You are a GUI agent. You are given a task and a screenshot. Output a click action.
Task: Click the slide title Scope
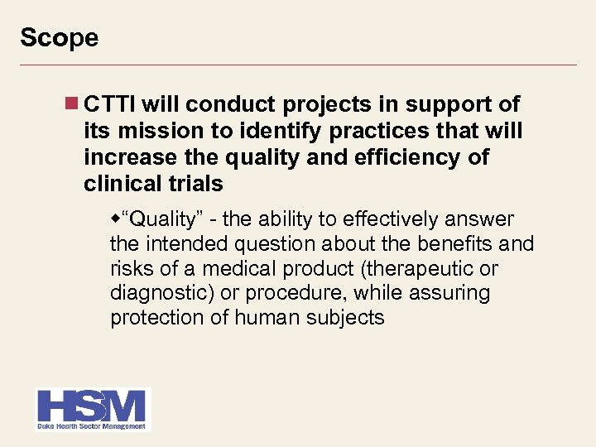coord(59,38)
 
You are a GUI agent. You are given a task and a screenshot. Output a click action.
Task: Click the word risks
coord(128,269)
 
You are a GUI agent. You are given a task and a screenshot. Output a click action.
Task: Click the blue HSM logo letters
coord(91,406)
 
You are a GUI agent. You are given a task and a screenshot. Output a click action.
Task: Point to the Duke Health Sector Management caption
coord(91,426)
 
